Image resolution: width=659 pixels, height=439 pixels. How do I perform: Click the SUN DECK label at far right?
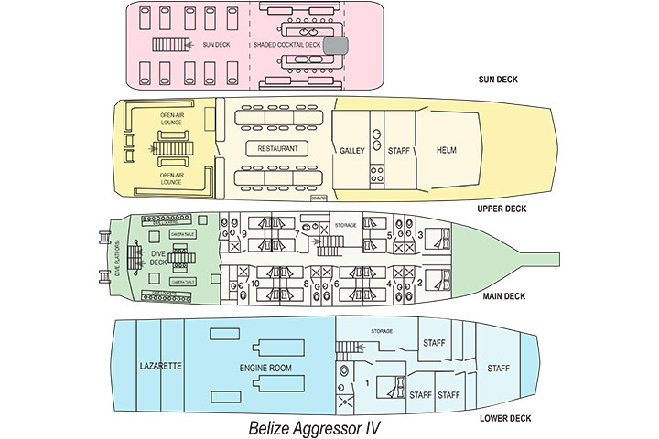[x=498, y=80]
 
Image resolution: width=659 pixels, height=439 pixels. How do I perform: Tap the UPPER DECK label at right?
[x=502, y=208]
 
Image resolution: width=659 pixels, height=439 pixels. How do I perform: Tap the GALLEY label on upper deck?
[x=352, y=150]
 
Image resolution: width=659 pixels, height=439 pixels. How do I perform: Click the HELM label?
[x=447, y=150]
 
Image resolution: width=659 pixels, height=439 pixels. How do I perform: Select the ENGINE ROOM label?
[x=265, y=367]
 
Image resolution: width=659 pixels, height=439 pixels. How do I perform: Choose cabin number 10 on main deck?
[x=254, y=284]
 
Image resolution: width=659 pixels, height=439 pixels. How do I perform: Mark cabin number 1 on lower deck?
[x=367, y=380]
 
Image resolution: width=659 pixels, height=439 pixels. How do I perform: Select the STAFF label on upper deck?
[x=398, y=150]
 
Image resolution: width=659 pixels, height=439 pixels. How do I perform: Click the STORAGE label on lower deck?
[x=382, y=331]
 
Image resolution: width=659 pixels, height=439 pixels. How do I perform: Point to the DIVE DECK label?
[x=158, y=259]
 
